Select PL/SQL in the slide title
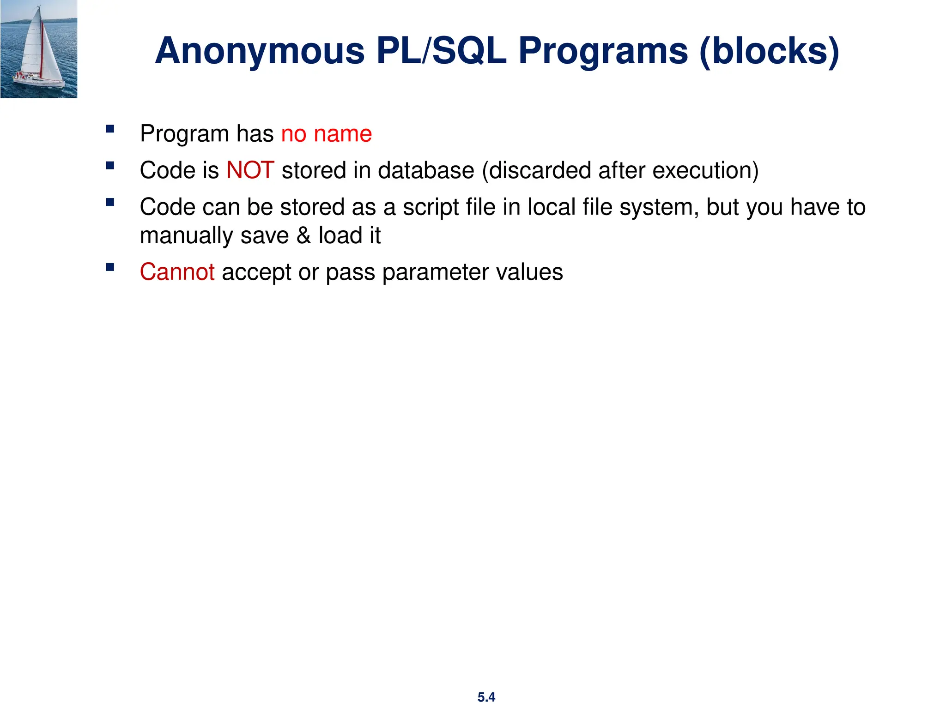coord(442,51)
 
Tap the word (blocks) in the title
coord(769,51)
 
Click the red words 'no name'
coord(326,134)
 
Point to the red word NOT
coord(250,170)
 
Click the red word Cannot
coord(177,272)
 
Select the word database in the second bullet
coord(425,170)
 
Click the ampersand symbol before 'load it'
coord(303,235)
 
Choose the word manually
coord(186,236)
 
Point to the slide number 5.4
coord(486,697)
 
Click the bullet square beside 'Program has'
coord(110,129)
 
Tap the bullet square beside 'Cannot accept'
coord(110,267)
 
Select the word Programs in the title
coord(603,51)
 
